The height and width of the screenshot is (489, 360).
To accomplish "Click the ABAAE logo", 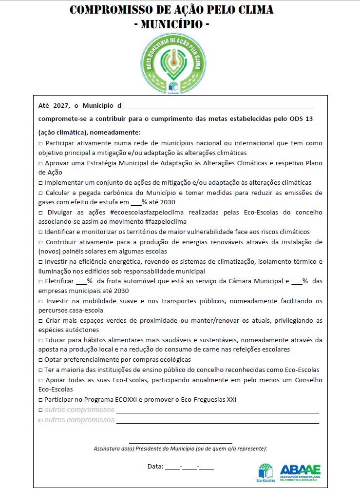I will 300,472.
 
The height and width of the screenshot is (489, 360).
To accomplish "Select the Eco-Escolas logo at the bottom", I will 265,472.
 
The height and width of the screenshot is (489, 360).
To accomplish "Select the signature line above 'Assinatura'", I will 181,442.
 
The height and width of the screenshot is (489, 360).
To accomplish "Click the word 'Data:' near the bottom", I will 155,467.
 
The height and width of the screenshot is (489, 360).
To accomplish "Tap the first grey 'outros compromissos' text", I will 79,410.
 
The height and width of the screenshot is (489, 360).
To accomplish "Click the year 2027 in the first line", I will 60,106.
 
